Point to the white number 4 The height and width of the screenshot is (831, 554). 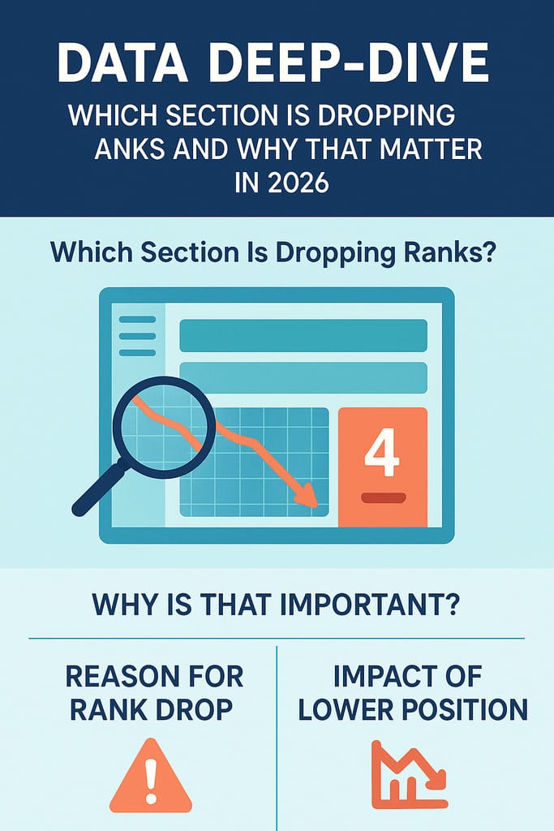pos(382,453)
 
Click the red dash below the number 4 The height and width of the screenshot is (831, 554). pos(384,498)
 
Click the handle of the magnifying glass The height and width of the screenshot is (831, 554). pos(100,488)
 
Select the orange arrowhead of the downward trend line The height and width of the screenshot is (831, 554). pos(306,495)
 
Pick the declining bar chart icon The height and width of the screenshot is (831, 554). pos(408,774)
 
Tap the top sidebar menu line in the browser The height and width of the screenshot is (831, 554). pos(137,320)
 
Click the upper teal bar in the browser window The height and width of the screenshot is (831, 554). pos(303,335)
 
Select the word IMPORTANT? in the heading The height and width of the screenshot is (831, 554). pos(369,604)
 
